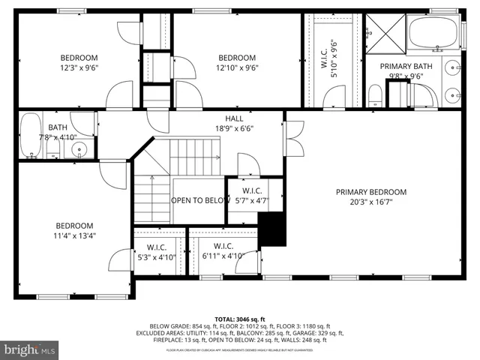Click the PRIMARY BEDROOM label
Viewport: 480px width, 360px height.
pos(370,191)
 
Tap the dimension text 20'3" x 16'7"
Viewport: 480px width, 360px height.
pos(370,202)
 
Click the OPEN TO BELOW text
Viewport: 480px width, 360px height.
pos(199,200)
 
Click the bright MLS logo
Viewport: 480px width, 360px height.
pos(30,349)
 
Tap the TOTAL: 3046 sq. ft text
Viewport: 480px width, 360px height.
pos(240,319)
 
